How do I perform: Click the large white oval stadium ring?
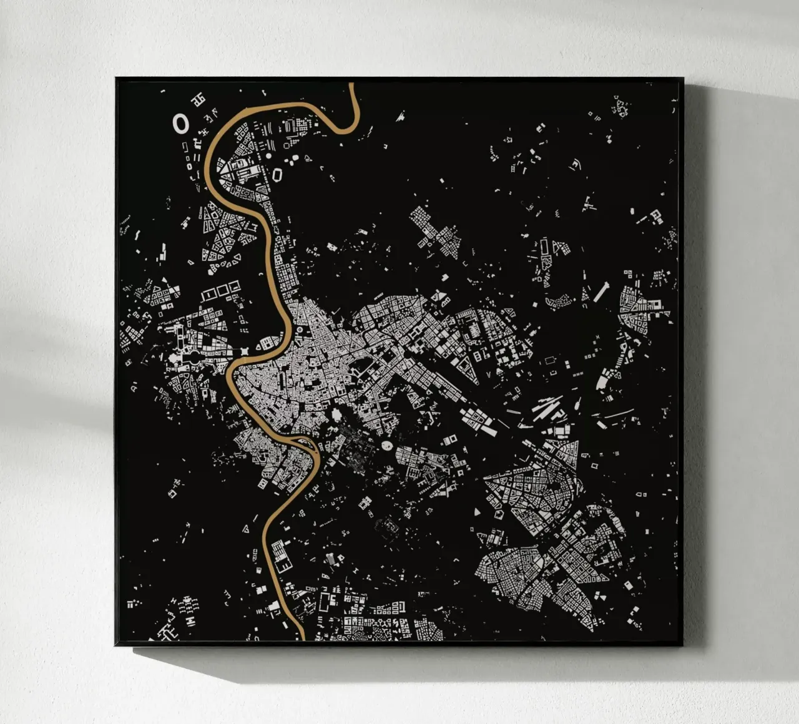(181, 124)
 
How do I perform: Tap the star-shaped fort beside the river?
(245, 352)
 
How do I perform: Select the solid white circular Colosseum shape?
(387, 446)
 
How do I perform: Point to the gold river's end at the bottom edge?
(301, 639)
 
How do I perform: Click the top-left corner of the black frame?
(116, 78)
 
